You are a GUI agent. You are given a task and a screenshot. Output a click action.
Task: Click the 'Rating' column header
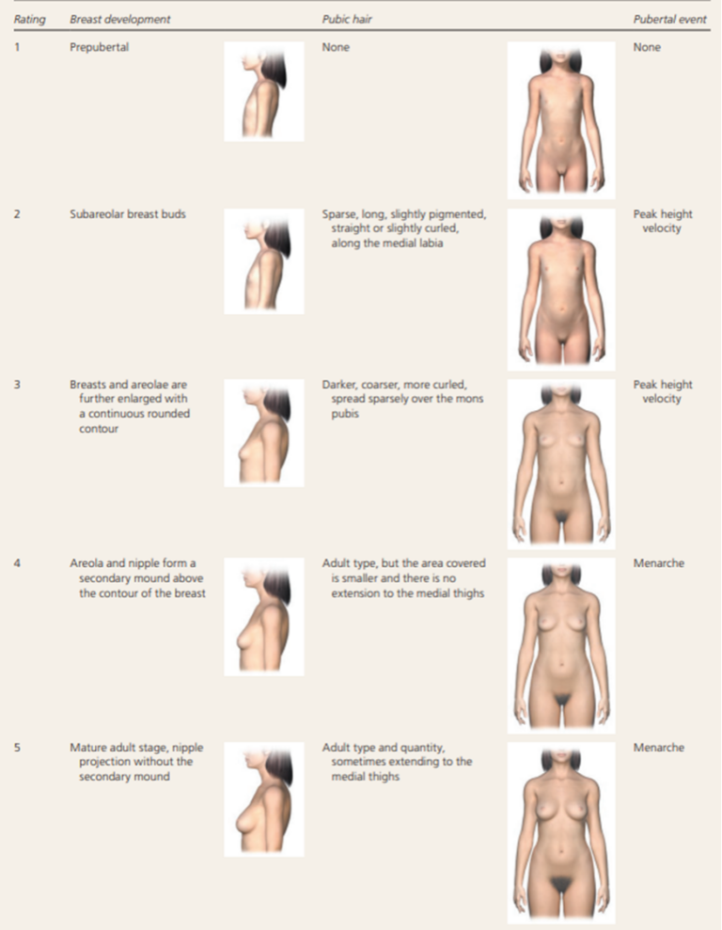coord(30,19)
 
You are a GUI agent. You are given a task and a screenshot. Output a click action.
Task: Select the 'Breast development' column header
coord(119,19)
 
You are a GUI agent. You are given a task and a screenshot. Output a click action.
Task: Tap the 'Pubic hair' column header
coord(347,19)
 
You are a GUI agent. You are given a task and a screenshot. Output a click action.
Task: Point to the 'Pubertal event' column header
coord(670,19)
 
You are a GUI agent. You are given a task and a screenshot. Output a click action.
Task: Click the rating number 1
coord(17,47)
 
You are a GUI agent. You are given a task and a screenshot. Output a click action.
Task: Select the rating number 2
coord(17,213)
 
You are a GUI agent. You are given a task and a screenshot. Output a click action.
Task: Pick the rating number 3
coord(17,385)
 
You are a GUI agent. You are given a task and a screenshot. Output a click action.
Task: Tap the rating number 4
coord(17,563)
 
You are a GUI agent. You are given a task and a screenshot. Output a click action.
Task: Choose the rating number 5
coord(17,748)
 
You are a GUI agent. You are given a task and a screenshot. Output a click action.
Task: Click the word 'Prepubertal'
coord(99,47)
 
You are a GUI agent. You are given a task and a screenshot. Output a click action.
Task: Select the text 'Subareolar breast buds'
coord(128,214)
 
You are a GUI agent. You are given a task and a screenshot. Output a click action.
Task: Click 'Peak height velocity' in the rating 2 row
coord(662,221)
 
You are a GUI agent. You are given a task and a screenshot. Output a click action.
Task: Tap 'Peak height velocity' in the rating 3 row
coord(662,391)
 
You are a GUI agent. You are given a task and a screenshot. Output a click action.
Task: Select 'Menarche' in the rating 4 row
coord(659,563)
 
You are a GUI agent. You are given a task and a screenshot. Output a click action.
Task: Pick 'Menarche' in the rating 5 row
coord(659,748)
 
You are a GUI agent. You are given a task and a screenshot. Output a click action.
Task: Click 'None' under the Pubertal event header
coord(647,47)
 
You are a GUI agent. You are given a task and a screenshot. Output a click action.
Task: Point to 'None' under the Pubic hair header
coord(336,47)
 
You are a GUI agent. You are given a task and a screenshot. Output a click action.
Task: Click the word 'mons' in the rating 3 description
coord(470,399)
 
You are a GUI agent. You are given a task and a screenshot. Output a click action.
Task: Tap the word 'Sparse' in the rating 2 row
coord(339,214)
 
